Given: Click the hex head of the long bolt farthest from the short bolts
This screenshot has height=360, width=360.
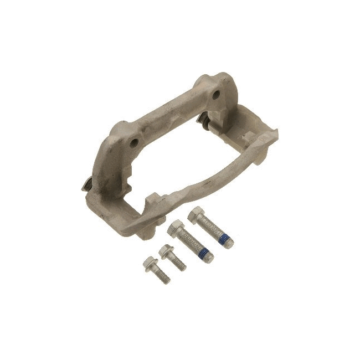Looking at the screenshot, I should [197, 215].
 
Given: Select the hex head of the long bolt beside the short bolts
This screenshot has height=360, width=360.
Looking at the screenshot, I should [176, 228].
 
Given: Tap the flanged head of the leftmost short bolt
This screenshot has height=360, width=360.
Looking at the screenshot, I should [149, 263].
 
